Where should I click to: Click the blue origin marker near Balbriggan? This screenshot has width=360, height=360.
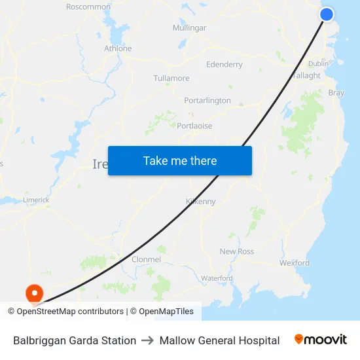(x=327, y=14)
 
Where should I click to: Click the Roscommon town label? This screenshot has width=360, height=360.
(x=88, y=7)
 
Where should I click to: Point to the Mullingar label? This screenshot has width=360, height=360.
(x=189, y=28)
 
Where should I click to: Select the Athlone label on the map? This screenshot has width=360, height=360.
(x=118, y=48)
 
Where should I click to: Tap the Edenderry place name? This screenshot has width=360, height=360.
(x=224, y=65)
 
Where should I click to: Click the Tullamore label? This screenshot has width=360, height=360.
(x=171, y=79)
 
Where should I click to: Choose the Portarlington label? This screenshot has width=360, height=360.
(x=207, y=101)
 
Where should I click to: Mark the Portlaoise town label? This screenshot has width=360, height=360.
(x=194, y=126)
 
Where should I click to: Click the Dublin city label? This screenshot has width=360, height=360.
(x=318, y=63)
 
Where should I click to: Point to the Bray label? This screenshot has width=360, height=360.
(x=336, y=93)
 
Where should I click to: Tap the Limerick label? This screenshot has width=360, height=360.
(x=36, y=200)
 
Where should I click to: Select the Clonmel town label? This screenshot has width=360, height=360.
(x=147, y=260)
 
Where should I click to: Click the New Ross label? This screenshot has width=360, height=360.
(x=237, y=251)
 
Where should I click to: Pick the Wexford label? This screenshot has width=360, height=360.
(x=295, y=263)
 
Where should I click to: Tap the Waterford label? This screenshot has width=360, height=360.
(x=217, y=278)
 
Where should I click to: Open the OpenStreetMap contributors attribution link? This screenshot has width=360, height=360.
(x=70, y=312)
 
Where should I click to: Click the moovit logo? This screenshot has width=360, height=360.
(x=321, y=340)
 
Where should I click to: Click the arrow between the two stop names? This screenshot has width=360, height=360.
(x=148, y=340)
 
